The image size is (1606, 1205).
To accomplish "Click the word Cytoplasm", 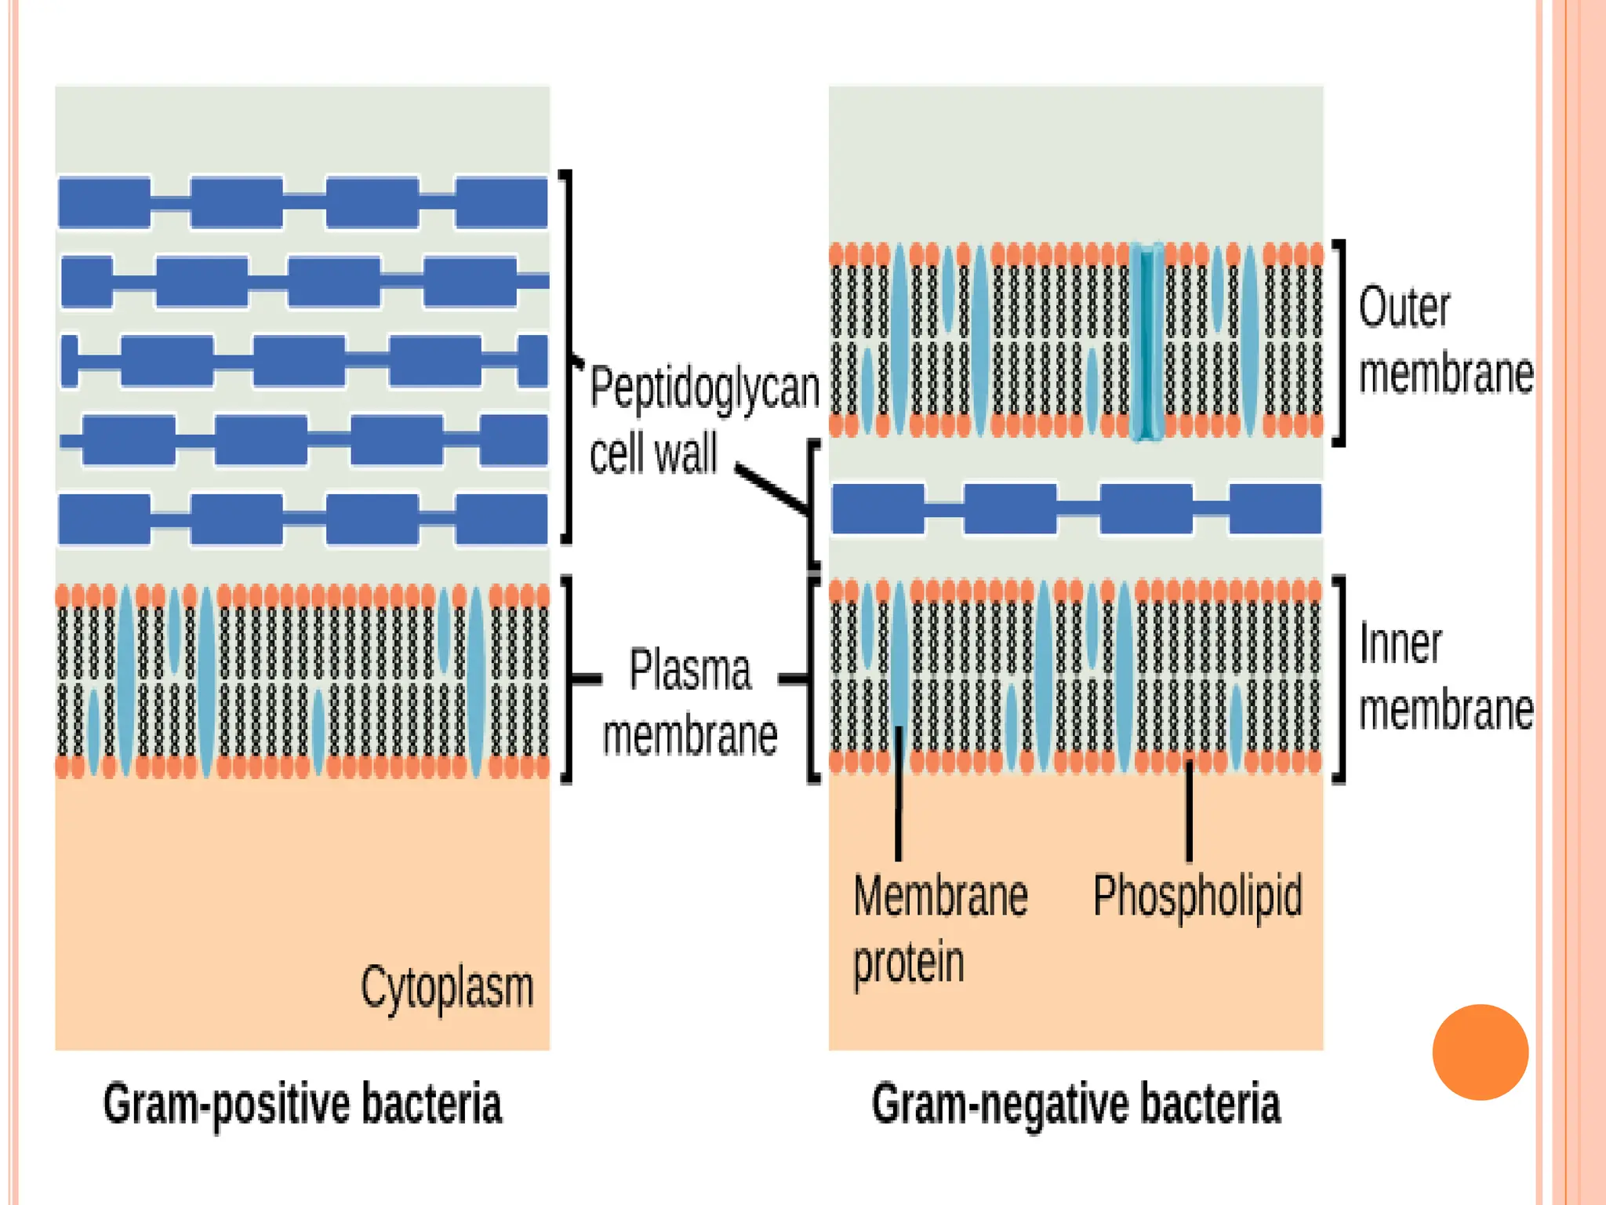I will coord(447,988).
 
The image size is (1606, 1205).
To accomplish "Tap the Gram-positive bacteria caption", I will coord(302,1104).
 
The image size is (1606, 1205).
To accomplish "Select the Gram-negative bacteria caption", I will coord(1076,1104).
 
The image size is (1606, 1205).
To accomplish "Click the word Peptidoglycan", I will coord(704,388).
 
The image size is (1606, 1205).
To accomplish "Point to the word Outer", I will coord(1404,308).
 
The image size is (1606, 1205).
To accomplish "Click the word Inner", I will coord(1400,644).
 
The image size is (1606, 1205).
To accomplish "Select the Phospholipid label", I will coord(1197,897).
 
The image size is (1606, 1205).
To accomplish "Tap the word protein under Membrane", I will coord(908,963).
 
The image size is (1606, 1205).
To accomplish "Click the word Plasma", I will coord(690,670).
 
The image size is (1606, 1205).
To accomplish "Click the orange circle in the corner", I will coord(1480,1052).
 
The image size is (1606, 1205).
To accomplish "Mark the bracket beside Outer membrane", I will coord(1341,343).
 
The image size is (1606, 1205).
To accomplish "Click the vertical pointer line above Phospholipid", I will coord(1189,812).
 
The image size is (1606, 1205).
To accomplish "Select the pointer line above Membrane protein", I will coord(899,792).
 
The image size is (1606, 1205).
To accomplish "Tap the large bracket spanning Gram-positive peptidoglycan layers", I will coord(568,357).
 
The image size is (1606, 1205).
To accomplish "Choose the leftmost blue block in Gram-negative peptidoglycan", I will coord(878,509).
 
